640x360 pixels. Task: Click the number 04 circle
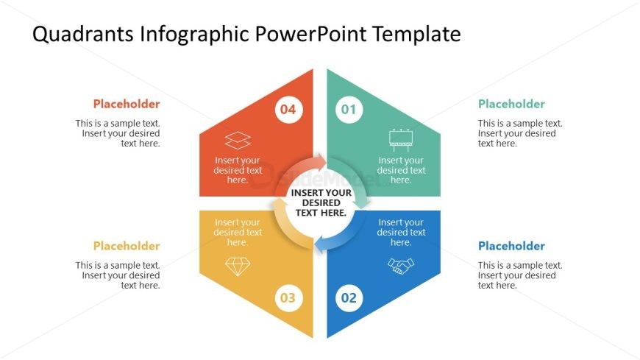(288, 110)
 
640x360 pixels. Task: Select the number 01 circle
(349, 110)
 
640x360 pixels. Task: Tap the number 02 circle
(349, 298)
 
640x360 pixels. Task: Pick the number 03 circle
(288, 298)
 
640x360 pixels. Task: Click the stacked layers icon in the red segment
(238, 141)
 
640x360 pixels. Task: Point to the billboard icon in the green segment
(401, 140)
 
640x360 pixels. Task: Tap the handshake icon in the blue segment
(401, 266)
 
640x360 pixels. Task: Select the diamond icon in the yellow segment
(238, 267)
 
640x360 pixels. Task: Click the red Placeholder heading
(127, 105)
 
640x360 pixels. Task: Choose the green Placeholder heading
(511, 105)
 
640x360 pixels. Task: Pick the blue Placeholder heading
(511, 246)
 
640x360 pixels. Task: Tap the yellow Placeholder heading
(127, 246)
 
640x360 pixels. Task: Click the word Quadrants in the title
(83, 34)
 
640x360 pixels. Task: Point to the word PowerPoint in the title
(311, 34)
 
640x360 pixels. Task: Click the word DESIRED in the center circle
(321, 202)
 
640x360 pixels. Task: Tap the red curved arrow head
(320, 162)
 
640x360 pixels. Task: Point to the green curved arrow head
(362, 202)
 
